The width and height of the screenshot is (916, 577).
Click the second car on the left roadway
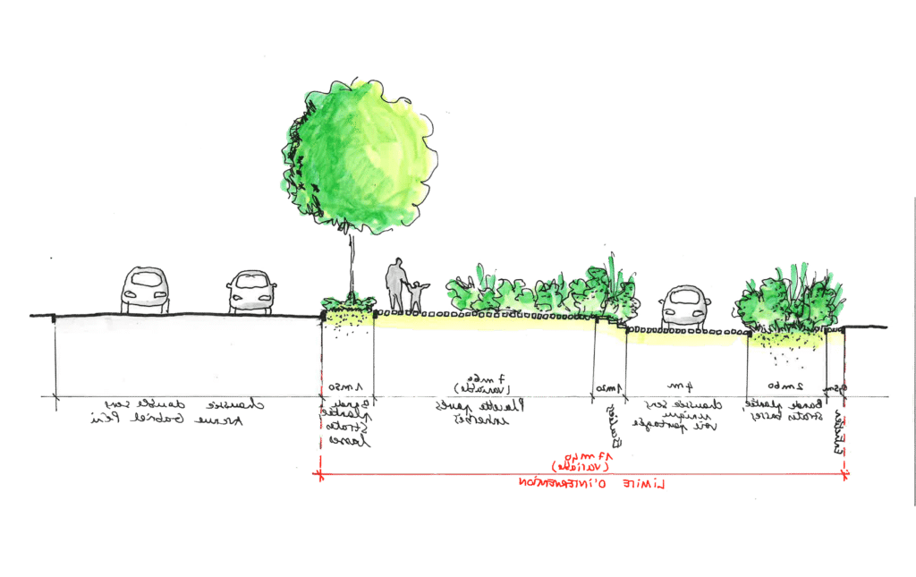click(x=251, y=293)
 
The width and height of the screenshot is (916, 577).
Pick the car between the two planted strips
click(x=686, y=306)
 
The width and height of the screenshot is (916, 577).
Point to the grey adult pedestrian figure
click(x=395, y=285)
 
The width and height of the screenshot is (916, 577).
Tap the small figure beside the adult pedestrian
click(x=416, y=295)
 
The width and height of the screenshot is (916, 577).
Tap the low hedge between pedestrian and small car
click(x=537, y=291)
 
